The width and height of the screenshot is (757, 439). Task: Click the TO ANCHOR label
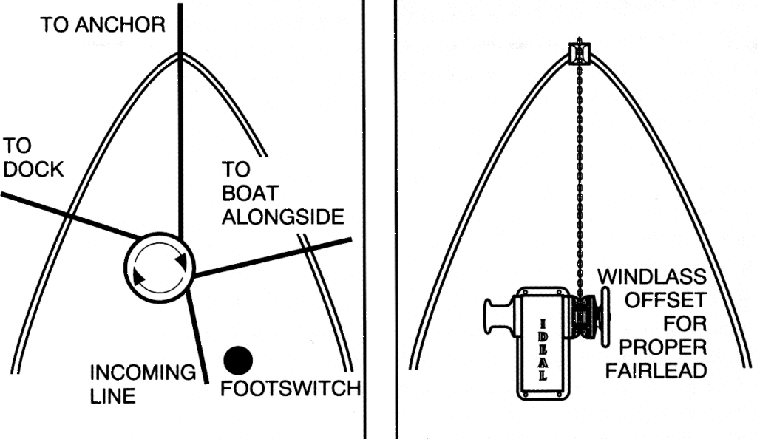pyautogui.click(x=102, y=25)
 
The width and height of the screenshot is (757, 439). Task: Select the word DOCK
pyautogui.click(x=33, y=169)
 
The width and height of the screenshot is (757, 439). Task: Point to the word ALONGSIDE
pyautogui.click(x=283, y=217)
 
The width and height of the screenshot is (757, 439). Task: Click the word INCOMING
pyautogui.click(x=143, y=372)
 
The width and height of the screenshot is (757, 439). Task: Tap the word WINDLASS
pyautogui.click(x=651, y=278)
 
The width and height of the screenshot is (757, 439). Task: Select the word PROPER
pyautogui.click(x=662, y=347)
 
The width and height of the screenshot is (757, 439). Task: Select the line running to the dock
pyautogui.click(x=67, y=215)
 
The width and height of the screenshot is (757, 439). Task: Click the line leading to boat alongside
pyautogui.click(x=274, y=258)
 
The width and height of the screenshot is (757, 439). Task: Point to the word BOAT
pyautogui.click(x=250, y=194)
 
